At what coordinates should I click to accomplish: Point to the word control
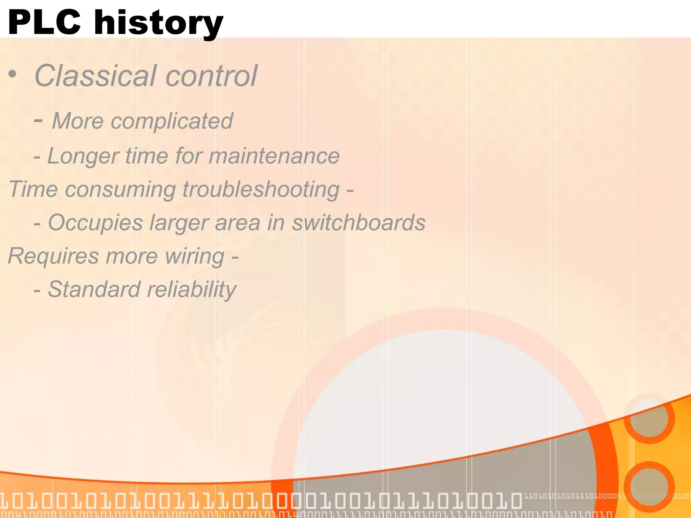(x=212, y=76)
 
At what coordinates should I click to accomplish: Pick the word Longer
(x=83, y=156)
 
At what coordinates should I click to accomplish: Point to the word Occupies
(x=95, y=223)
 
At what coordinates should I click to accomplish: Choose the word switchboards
(x=358, y=223)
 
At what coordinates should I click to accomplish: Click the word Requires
(x=53, y=256)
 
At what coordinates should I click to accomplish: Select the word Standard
(x=94, y=289)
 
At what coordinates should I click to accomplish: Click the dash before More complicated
(x=38, y=120)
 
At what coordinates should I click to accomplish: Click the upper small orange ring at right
(x=649, y=419)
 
